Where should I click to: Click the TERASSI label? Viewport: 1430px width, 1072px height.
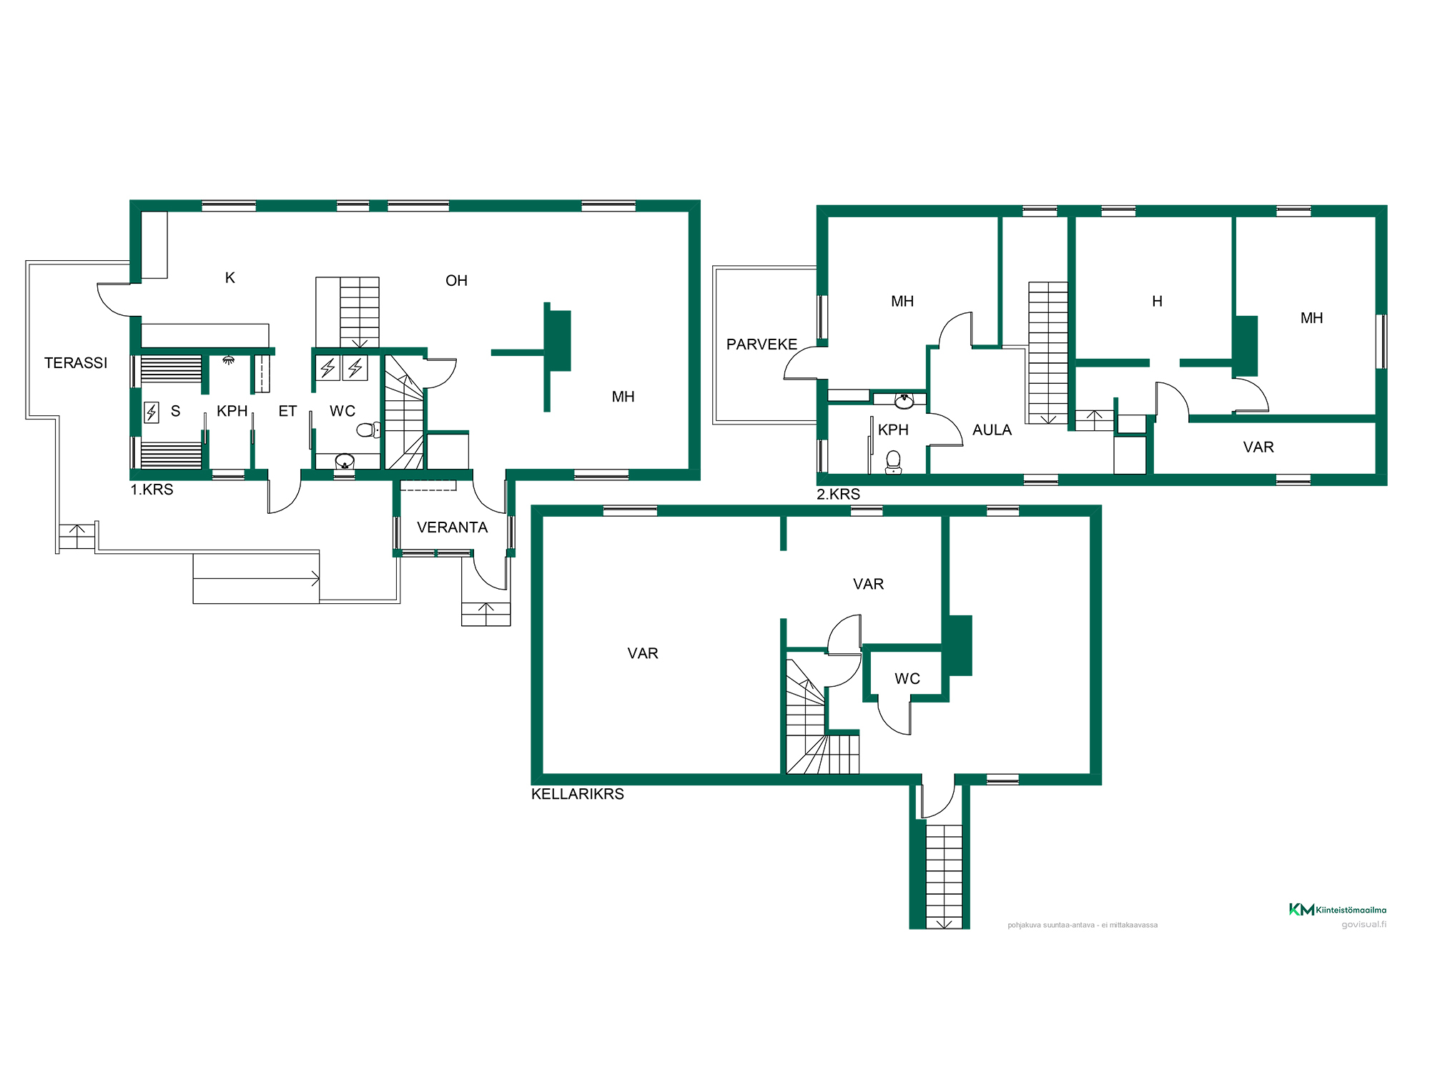[76, 363]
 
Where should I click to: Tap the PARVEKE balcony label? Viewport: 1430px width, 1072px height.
[761, 344]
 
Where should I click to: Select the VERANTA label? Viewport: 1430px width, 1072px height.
[452, 527]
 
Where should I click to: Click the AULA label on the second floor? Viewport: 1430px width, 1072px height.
[992, 430]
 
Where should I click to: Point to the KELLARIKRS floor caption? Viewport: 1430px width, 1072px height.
[578, 794]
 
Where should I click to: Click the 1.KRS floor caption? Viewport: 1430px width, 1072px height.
[152, 490]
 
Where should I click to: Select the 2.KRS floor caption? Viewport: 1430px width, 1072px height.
[839, 494]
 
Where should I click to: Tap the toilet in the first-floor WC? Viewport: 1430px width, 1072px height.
[369, 430]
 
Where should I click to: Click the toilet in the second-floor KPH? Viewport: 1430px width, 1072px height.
[893, 462]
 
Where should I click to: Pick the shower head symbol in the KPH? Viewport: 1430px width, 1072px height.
[229, 360]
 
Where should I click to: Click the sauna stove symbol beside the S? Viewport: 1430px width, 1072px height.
[152, 412]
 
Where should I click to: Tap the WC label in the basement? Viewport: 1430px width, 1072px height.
[907, 679]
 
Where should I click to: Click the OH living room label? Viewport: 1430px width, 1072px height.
[456, 281]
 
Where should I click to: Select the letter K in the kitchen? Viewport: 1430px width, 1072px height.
[230, 278]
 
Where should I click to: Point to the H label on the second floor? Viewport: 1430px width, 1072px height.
[1157, 302]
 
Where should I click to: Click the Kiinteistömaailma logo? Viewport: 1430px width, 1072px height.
[1337, 909]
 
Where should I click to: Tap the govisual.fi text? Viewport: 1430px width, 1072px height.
[1364, 925]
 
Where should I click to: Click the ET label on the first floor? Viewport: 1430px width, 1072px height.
[287, 411]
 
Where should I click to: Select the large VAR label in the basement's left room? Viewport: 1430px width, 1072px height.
[643, 653]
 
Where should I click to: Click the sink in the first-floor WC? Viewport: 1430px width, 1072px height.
[345, 462]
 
